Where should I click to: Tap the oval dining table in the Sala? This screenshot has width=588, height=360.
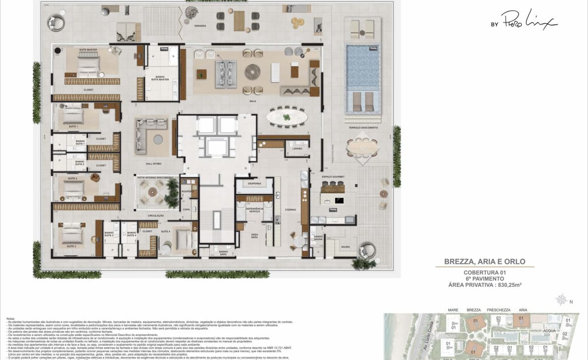[x=287, y=118]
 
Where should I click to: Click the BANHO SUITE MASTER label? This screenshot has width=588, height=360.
[x=160, y=77]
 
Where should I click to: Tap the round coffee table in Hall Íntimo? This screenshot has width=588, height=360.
[x=158, y=140]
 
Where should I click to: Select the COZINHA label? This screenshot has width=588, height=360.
[x=290, y=209]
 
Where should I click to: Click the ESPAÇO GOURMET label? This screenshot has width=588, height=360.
[x=333, y=176]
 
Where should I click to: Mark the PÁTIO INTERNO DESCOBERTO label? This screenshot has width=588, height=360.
[x=155, y=177]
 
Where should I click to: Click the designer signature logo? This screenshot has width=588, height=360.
[x=524, y=22]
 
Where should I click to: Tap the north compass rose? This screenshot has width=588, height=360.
[x=561, y=299]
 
